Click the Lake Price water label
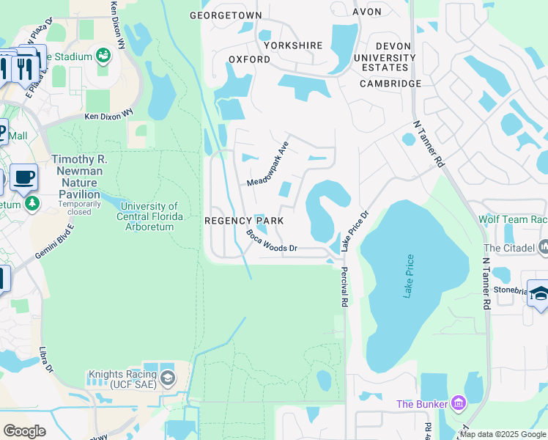(410, 276)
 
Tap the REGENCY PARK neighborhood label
(243, 221)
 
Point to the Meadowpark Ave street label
(268, 164)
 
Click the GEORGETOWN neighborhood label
(225, 15)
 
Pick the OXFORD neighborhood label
(245, 59)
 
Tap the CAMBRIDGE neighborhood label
(390, 84)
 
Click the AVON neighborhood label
(367, 12)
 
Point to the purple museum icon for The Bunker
(459, 403)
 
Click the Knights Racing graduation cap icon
(168, 378)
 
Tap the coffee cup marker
(23, 177)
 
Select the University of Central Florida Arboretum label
(148, 216)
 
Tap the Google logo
(25, 430)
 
